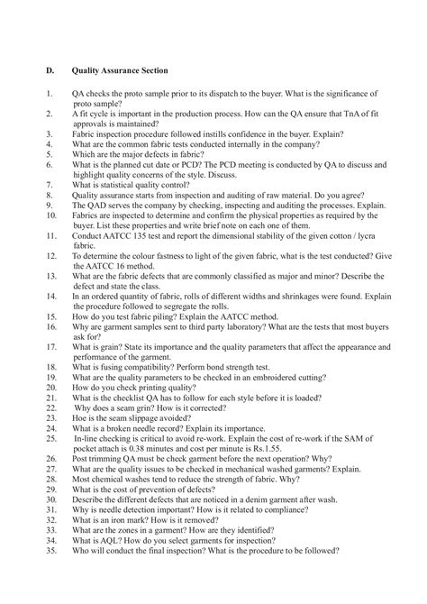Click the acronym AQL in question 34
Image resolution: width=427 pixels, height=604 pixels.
106,564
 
